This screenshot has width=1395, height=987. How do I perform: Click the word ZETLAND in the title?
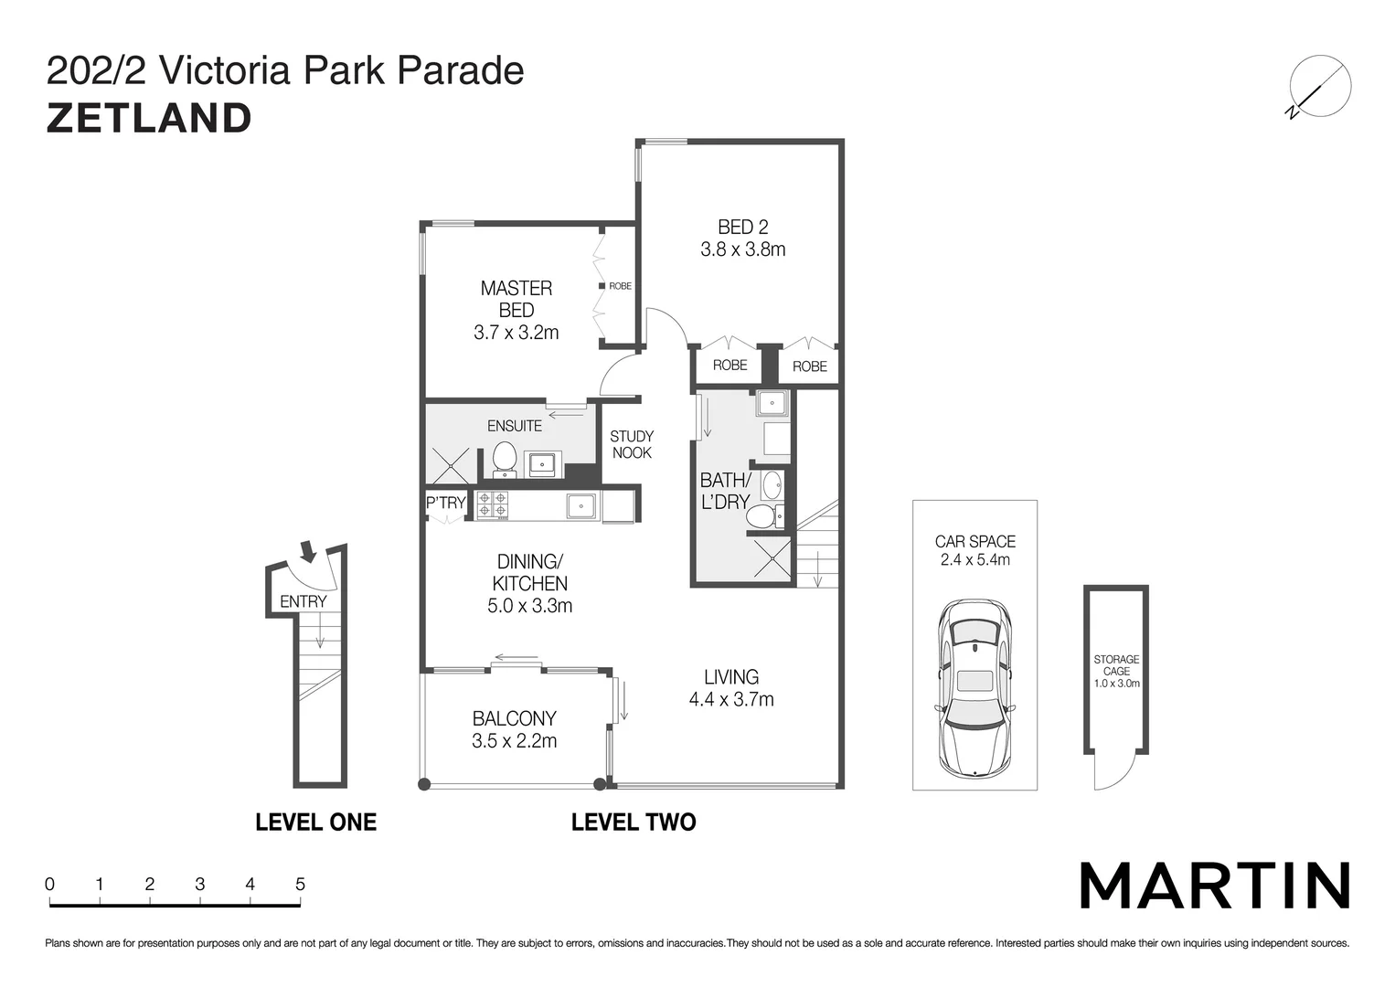point(149,119)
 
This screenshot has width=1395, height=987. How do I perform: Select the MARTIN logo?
point(1215,885)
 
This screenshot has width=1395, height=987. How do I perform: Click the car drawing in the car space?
point(974,688)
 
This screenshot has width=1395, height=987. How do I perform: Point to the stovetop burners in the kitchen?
point(492,505)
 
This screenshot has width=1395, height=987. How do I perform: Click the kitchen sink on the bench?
point(581,505)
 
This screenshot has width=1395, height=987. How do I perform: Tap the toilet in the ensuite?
point(504,458)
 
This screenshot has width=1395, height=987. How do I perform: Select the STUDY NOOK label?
point(632,444)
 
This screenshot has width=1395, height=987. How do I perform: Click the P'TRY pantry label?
point(446,503)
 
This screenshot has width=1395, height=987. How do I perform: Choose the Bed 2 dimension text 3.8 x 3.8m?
point(742,249)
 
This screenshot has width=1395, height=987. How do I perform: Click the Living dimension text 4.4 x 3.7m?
point(730,700)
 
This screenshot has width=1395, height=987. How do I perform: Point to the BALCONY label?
point(514,718)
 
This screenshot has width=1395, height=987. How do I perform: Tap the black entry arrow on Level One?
point(308,551)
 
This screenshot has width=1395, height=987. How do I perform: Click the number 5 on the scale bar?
point(300,884)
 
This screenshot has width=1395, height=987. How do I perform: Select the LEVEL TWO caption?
point(633,822)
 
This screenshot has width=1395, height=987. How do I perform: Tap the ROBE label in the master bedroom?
point(620,286)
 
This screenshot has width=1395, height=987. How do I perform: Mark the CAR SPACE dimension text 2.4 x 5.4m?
point(974,560)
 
